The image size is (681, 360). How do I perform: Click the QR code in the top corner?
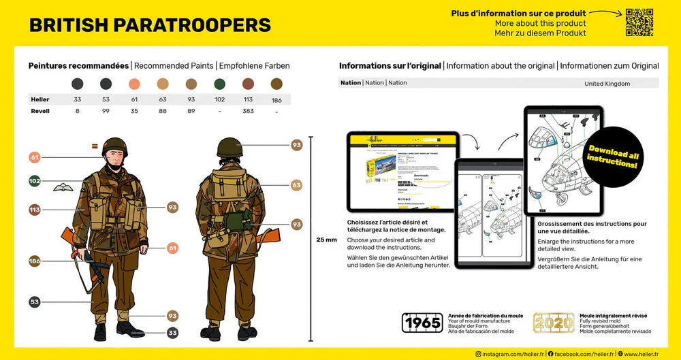(639, 22)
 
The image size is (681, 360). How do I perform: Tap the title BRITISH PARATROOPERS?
(150, 25)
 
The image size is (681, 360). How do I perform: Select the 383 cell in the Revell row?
(248, 111)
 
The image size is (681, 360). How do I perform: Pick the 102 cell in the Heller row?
(219, 99)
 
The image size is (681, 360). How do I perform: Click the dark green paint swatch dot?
(219, 84)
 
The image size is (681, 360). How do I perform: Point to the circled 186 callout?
(35, 261)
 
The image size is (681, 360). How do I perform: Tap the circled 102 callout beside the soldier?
(35, 181)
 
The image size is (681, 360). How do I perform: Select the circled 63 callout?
(296, 185)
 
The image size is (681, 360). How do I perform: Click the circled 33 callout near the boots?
(172, 333)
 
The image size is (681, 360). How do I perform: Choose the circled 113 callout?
(35, 210)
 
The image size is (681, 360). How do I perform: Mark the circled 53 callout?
(35, 302)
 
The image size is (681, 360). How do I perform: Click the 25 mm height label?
(326, 240)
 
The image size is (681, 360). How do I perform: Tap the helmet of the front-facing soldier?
(115, 146)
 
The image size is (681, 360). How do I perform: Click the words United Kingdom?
(607, 83)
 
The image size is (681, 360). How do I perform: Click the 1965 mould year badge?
(422, 323)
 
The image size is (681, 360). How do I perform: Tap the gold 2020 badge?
(553, 323)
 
